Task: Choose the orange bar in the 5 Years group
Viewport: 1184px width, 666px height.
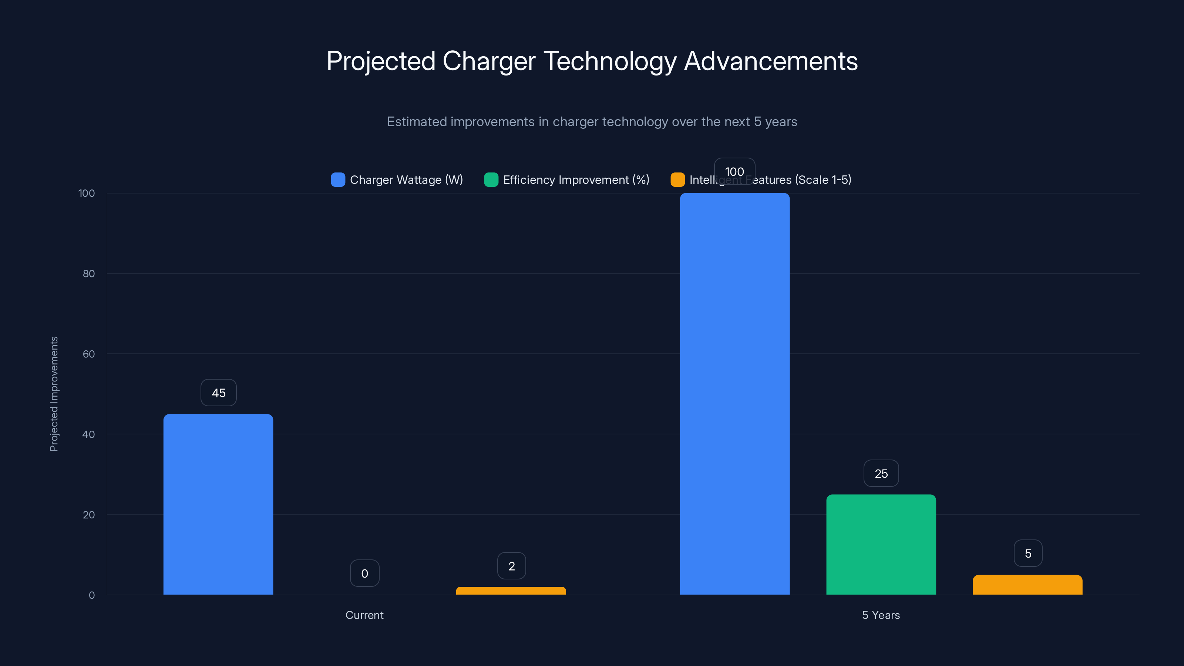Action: click(1027, 585)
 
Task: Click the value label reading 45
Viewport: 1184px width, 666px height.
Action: click(219, 393)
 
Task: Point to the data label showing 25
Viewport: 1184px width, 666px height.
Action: click(881, 474)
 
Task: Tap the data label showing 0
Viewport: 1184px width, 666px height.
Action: click(364, 573)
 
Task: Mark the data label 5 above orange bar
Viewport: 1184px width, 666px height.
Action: click(1028, 554)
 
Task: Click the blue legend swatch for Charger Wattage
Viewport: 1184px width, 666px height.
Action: click(338, 180)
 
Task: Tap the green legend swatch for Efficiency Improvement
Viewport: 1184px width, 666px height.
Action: click(491, 180)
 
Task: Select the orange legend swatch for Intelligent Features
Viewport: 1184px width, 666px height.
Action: click(677, 180)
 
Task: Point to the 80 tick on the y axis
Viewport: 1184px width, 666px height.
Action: click(89, 273)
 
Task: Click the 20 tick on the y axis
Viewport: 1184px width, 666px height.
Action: click(89, 515)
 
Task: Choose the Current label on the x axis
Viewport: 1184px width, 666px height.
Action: click(364, 615)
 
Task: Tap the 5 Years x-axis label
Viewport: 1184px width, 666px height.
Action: click(881, 615)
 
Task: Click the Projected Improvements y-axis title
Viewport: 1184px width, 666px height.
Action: click(54, 394)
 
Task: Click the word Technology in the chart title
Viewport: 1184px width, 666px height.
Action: click(610, 61)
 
